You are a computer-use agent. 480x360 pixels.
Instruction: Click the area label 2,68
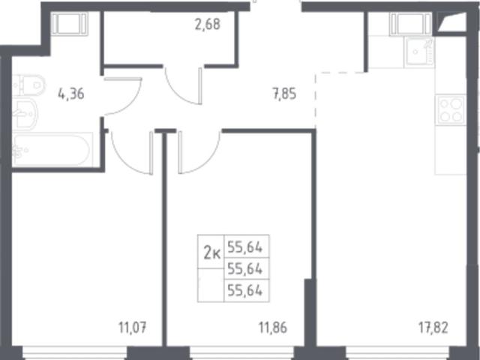click(208, 24)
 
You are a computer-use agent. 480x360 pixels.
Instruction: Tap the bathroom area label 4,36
click(71, 94)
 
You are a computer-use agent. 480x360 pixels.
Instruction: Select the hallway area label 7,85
click(285, 94)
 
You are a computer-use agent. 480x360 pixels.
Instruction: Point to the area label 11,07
click(133, 328)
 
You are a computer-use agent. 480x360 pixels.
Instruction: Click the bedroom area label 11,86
click(273, 328)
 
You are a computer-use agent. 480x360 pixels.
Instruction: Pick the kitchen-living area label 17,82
click(433, 328)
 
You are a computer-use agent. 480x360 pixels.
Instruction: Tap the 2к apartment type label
click(212, 253)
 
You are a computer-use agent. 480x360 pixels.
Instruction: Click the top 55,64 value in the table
click(245, 247)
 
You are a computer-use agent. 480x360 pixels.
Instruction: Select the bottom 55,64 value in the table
click(245, 290)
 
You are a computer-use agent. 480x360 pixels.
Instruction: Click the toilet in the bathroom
click(28, 85)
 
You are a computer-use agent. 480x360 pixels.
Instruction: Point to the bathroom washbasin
click(25, 114)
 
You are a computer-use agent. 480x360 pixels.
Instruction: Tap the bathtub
click(52, 150)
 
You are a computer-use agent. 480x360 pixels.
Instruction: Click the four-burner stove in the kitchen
click(451, 110)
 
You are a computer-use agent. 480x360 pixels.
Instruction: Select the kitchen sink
click(419, 52)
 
